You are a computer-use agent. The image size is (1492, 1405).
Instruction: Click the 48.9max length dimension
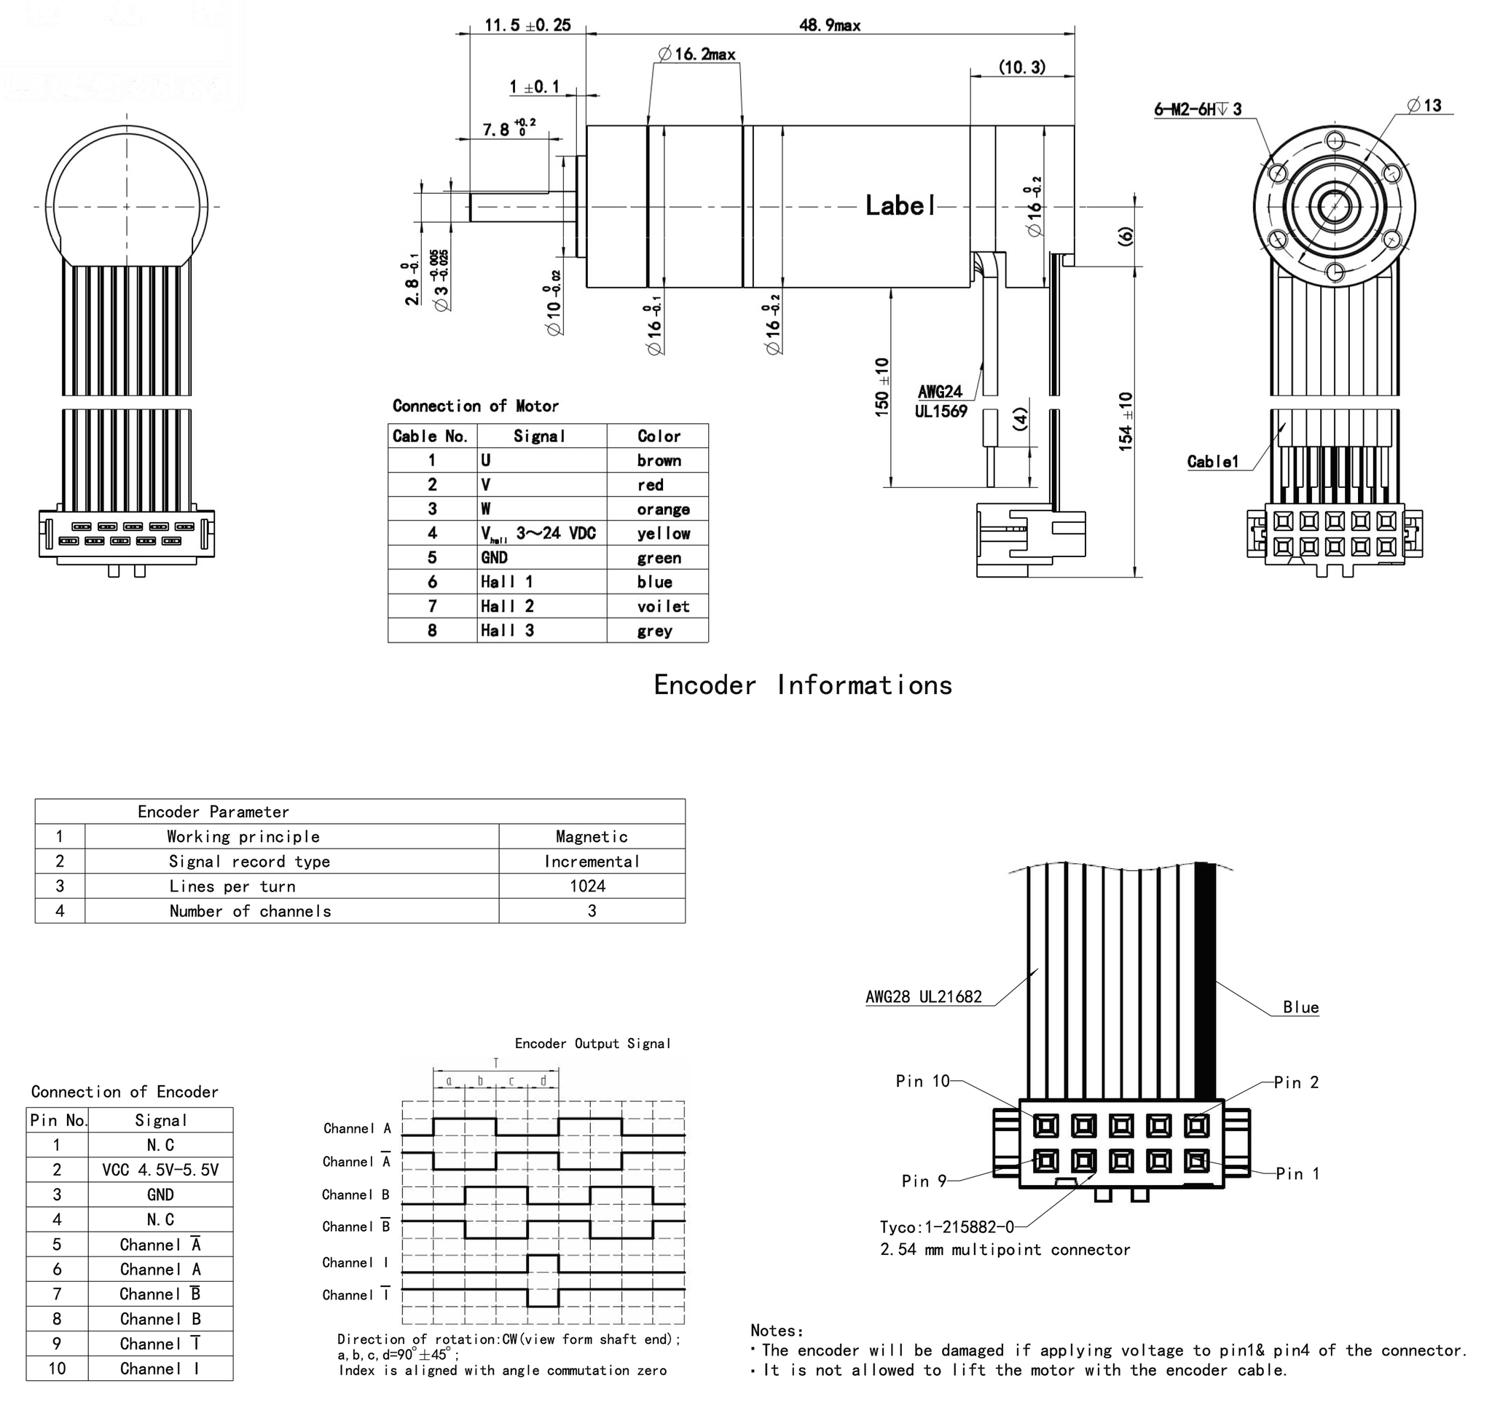tap(829, 25)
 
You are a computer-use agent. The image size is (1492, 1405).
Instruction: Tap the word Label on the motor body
tap(900, 205)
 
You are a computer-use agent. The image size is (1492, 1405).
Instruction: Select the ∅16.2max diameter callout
tap(697, 54)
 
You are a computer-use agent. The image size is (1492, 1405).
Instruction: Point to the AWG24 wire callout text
tap(940, 392)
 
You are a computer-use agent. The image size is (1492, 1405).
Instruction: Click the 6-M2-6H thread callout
tap(1197, 109)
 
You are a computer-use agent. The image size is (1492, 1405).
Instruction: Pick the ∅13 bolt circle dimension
tap(1424, 105)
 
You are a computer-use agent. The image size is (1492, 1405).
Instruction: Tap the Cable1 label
tap(1212, 462)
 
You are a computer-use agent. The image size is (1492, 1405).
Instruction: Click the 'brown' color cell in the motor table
tap(658, 461)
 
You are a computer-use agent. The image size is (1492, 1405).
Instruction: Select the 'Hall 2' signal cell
tap(507, 607)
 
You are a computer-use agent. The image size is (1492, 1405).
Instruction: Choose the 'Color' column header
tap(658, 436)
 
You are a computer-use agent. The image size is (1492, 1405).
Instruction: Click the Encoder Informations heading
tap(802, 685)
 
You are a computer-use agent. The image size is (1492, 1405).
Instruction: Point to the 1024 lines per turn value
tap(587, 886)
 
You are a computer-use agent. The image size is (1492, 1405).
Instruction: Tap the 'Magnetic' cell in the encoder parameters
tap(592, 837)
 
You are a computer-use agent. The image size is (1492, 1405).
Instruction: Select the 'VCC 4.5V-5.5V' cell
tap(160, 1170)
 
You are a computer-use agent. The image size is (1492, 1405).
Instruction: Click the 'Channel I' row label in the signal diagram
tap(356, 1262)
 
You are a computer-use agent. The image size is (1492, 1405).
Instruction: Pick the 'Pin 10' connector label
tap(922, 1081)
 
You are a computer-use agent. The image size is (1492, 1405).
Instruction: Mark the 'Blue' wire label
tap(1300, 1007)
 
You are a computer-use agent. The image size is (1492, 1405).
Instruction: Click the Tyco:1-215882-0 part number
tap(946, 1227)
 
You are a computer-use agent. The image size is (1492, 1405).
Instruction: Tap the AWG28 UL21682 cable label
tap(923, 996)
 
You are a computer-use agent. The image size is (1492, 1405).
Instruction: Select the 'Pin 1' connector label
tap(1297, 1174)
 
